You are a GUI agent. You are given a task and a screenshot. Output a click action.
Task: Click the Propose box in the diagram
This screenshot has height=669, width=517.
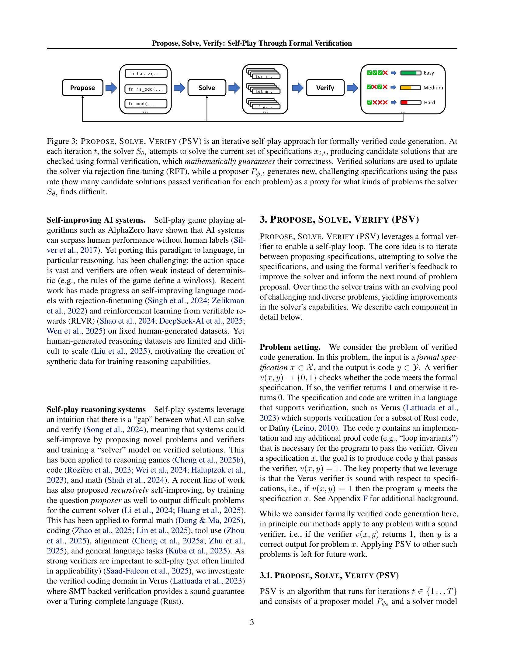pyautogui.click(x=82, y=88)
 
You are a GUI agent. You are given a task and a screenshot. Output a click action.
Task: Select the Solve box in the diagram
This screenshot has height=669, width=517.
pyautogui.click(x=207, y=88)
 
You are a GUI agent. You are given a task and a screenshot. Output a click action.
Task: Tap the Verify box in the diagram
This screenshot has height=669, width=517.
pyautogui.click(x=325, y=88)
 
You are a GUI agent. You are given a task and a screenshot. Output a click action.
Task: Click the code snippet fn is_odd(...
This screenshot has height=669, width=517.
pyautogui.click(x=146, y=89)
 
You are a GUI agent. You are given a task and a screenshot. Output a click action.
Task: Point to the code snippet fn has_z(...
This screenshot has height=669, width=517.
pyautogui.click(x=146, y=74)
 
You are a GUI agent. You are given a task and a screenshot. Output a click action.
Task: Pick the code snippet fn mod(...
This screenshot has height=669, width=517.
pyautogui.click(x=146, y=104)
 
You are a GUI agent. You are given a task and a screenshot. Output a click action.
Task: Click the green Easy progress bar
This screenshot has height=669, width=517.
pyautogui.click(x=411, y=73)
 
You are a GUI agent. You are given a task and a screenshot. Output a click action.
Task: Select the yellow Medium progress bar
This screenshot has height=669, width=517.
pyautogui.click(x=411, y=88)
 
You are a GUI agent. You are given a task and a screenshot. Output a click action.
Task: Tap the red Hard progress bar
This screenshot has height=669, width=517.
pyautogui.click(x=411, y=102)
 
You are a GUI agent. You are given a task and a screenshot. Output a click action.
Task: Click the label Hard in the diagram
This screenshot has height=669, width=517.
pyautogui.click(x=429, y=102)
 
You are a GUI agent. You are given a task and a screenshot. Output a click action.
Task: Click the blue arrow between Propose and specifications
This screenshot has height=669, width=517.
pyautogui.click(x=111, y=88)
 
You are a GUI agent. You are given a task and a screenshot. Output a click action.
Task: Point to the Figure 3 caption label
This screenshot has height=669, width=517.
pyautogui.click(x=63, y=141)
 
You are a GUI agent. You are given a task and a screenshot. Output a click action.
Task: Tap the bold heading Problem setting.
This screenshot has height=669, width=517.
pyautogui.click(x=290, y=347)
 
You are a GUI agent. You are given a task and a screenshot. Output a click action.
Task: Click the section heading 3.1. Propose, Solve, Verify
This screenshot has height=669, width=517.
pyautogui.click(x=329, y=576)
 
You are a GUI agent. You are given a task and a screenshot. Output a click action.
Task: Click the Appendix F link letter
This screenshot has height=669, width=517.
pyautogui.click(x=365, y=499)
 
